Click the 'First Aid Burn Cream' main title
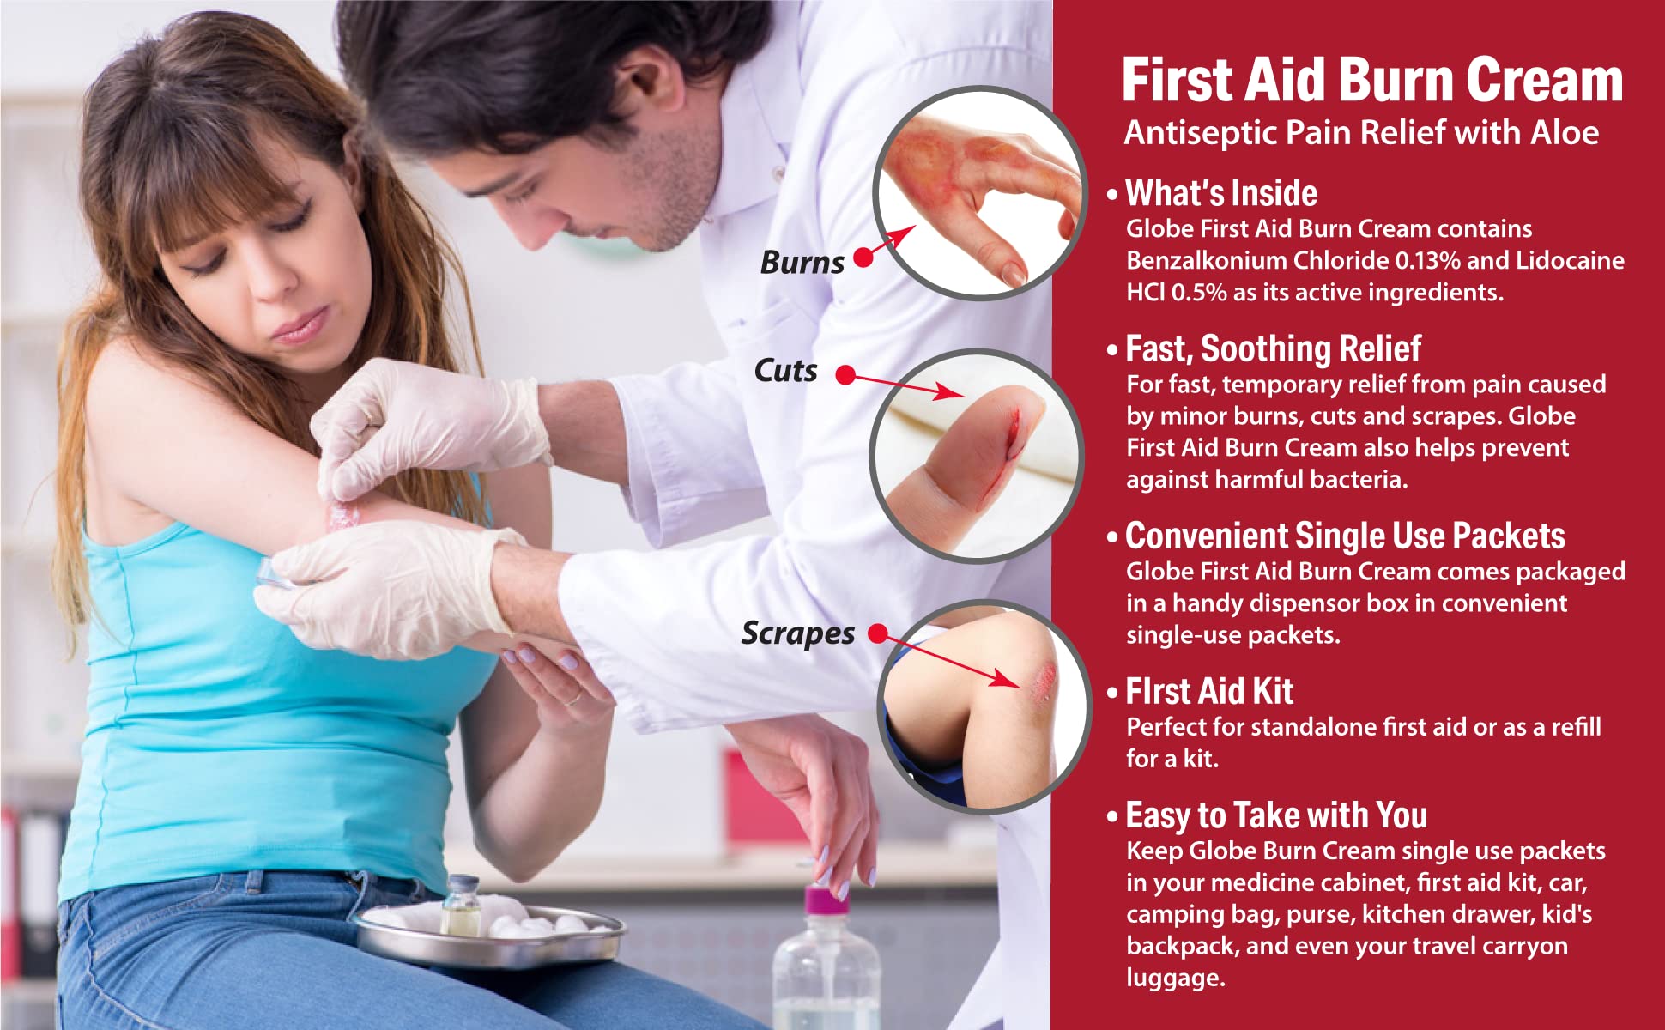click(1371, 80)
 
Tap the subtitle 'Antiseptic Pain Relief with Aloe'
click(1361, 133)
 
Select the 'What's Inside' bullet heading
click(1220, 193)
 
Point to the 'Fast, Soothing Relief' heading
click(1273, 349)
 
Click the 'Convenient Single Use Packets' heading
click(1345, 536)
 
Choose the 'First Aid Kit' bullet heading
click(1209, 691)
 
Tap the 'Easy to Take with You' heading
click(1276, 815)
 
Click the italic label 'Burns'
click(802, 263)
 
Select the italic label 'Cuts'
click(785, 371)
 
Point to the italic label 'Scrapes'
click(798, 633)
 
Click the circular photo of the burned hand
click(978, 193)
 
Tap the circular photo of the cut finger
click(977, 456)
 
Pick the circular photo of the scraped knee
click(982, 706)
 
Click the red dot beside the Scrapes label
click(877, 633)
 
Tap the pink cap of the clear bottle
click(826, 901)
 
